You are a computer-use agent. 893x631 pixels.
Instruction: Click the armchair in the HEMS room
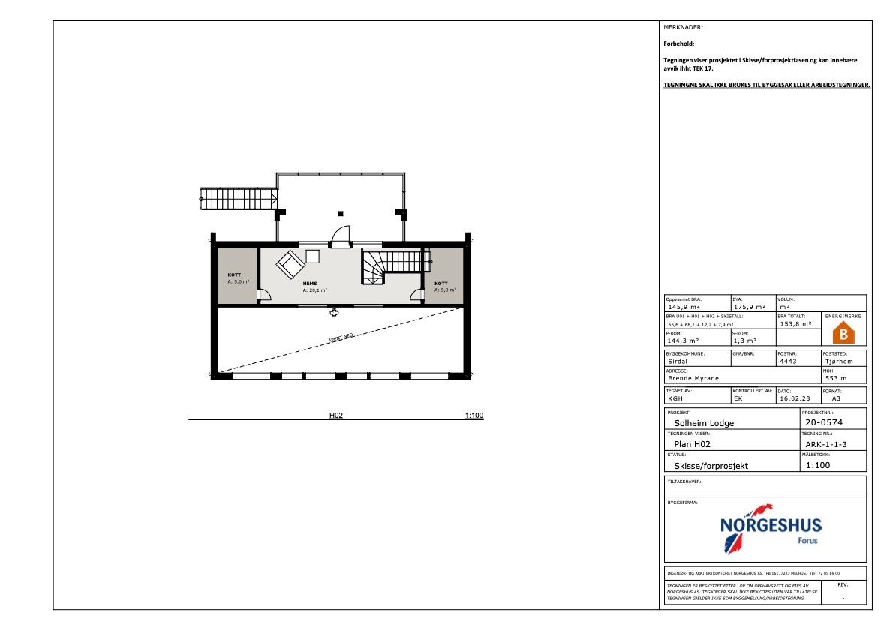(290, 264)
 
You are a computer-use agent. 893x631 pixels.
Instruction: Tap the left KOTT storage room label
(234, 275)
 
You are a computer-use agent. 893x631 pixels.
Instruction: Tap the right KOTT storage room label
(441, 284)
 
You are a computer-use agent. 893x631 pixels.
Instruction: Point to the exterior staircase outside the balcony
(239, 199)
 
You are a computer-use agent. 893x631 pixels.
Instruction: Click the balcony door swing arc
(340, 234)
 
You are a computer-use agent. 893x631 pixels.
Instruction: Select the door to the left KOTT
(263, 294)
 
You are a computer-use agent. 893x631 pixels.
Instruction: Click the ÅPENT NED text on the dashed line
(341, 338)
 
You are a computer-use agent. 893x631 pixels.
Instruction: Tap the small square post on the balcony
(340, 213)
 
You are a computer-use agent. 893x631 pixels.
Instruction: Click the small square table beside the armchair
(312, 256)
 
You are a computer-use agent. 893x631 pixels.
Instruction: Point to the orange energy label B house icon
(844, 332)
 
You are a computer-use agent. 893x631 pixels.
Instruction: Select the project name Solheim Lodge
(704, 423)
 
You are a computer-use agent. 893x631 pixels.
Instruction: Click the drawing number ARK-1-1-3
(825, 444)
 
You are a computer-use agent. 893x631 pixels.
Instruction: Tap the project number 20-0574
(823, 423)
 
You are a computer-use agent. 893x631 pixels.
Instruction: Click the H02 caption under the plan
(336, 415)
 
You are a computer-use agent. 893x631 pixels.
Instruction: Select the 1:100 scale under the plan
(474, 415)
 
